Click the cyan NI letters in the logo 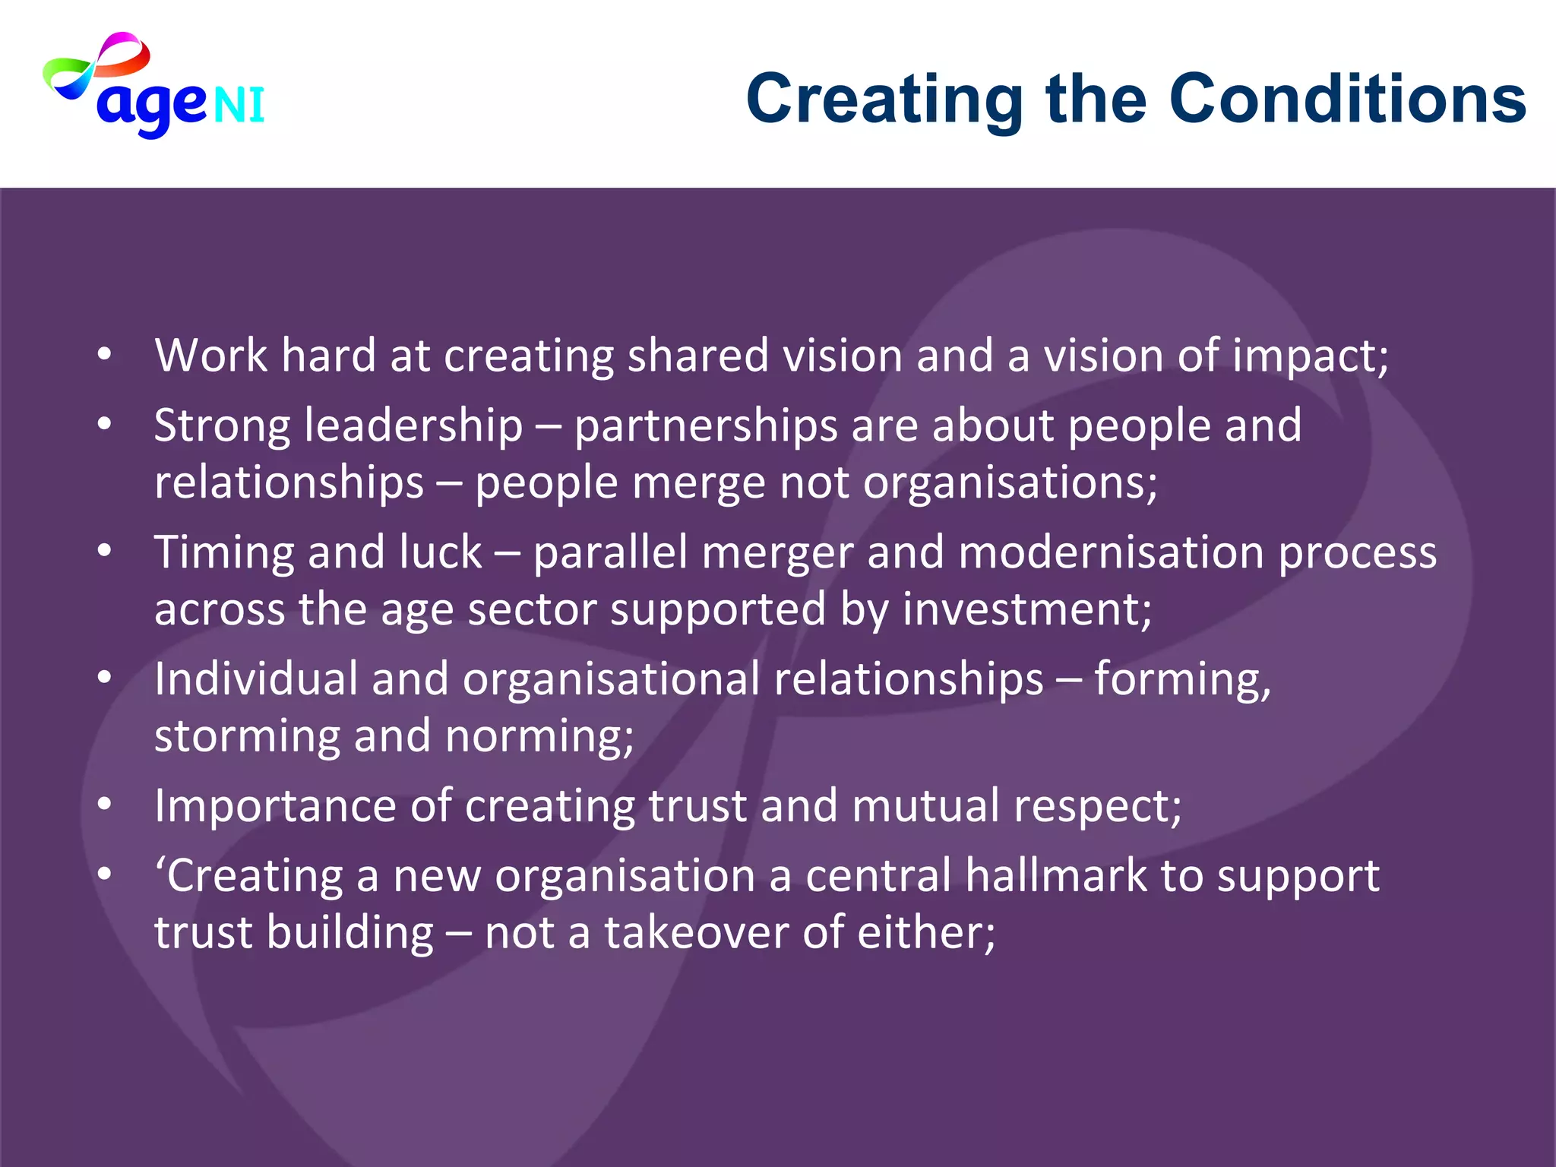(239, 105)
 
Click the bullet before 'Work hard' (105, 355)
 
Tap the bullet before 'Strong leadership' (105, 424)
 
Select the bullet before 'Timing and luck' (105, 551)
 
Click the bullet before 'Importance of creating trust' (105, 804)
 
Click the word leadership (413, 425)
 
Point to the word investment (1026, 609)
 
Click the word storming (247, 737)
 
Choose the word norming (539, 737)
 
